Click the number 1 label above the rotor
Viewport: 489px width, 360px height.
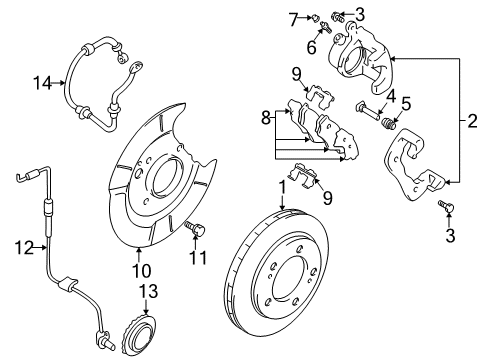(x=282, y=186)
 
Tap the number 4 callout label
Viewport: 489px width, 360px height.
(x=393, y=96)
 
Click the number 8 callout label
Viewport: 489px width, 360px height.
(x=263, y=118)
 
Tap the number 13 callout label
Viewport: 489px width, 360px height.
(x=150, y=291)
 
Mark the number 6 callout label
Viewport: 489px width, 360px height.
(x=311, y=47)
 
